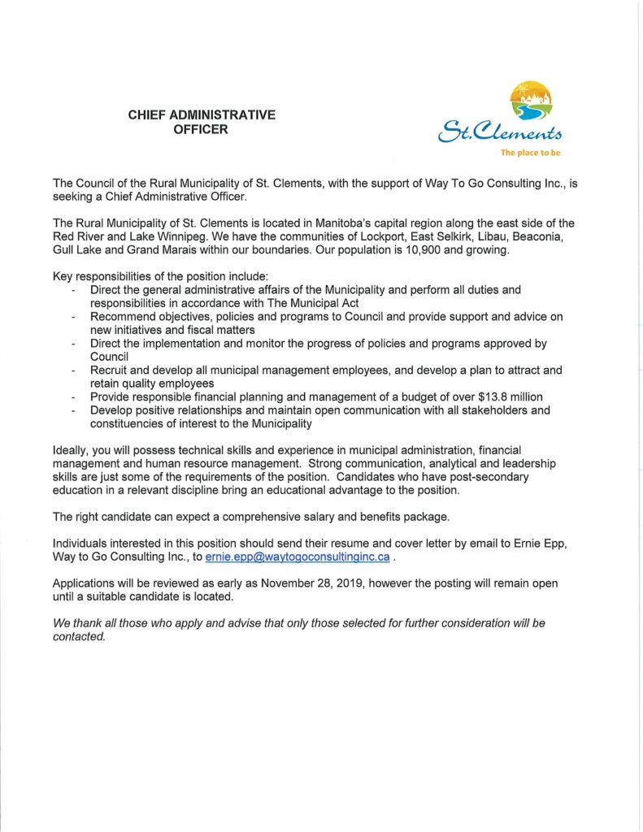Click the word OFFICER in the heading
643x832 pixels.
[202, 130]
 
